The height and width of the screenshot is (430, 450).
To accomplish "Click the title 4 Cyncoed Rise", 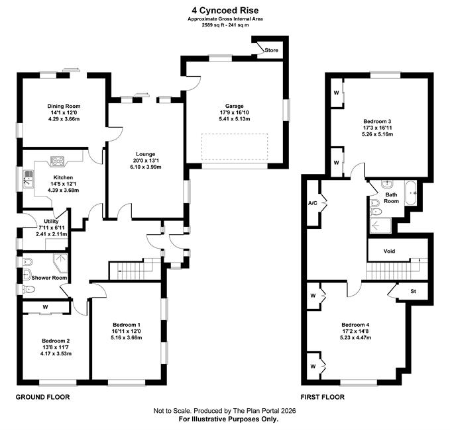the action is point(225,11).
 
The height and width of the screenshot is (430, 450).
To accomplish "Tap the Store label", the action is point(271,50).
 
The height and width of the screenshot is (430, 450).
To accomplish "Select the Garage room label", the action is point(234,106).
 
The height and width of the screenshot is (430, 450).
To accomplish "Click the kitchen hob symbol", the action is point(58,161).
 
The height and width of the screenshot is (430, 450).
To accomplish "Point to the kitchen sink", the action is point(28,179).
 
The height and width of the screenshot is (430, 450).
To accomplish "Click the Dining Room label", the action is point(64,106).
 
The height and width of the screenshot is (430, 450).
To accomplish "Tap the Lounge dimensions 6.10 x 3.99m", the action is point(146,167).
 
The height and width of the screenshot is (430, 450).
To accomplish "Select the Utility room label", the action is point(52,221).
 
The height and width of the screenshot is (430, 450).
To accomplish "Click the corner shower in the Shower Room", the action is point(60,262).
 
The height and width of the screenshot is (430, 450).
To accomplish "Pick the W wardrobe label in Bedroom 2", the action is point(45,307).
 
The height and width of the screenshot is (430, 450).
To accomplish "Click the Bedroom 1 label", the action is point(127,325).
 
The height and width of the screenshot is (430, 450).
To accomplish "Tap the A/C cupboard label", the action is point(313,203).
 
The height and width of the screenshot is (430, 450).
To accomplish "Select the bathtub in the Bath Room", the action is point(410,193).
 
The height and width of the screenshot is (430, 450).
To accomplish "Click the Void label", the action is point(389,251).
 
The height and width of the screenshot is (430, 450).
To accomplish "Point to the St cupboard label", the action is point(413,291).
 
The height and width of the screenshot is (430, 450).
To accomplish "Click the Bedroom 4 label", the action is point(355,325).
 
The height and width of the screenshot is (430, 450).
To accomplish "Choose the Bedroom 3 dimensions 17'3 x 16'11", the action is point(377,128).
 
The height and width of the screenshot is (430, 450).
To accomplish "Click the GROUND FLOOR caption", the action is point(42,397).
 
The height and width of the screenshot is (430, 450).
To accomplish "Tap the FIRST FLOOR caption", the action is point(323,397).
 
